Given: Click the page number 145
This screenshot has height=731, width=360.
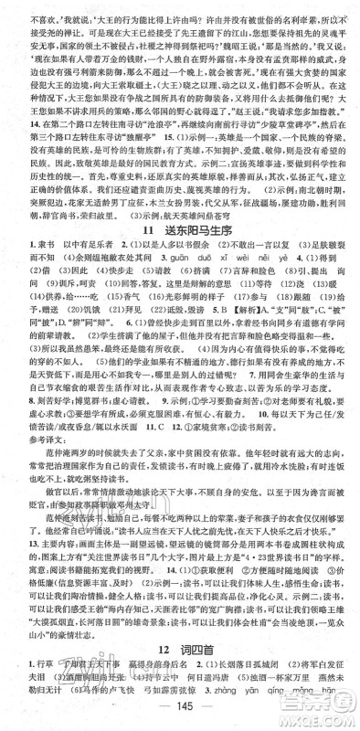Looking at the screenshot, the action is (180, 715).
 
